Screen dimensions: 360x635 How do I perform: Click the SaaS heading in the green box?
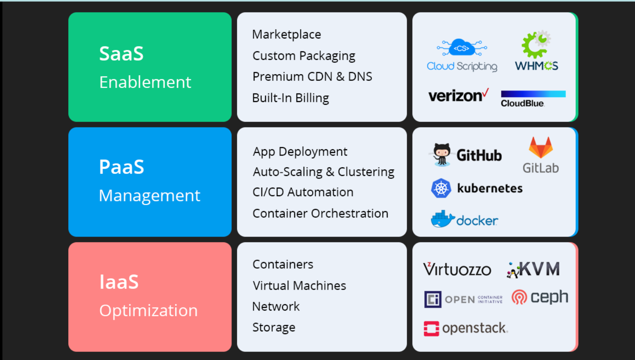point(121,54)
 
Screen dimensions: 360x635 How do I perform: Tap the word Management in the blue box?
point(149,196)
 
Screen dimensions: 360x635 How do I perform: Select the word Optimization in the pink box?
point(148,311)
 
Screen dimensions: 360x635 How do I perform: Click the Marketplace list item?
point(286,35)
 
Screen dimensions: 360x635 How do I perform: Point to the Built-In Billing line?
point(290,98)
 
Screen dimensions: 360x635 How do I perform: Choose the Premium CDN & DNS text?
point(312,76)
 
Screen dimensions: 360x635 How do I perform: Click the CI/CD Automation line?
point(303,192)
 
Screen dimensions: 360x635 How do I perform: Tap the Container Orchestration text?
point(320,213)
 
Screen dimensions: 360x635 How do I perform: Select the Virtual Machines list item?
point(299,286)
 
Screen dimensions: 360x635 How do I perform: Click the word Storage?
point(274,327)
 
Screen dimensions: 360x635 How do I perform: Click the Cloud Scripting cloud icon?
point(461,48)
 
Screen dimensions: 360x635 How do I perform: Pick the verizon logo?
point(458,96)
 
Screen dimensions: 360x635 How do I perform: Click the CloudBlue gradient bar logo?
point(533,94)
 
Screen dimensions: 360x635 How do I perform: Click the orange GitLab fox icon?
point(541,148)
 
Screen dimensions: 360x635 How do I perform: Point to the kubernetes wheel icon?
point(441,188)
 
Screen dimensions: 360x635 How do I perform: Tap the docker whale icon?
point(442,219)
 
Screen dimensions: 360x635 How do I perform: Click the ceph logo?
point(539,297)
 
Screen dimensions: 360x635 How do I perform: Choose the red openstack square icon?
point(431,328)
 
